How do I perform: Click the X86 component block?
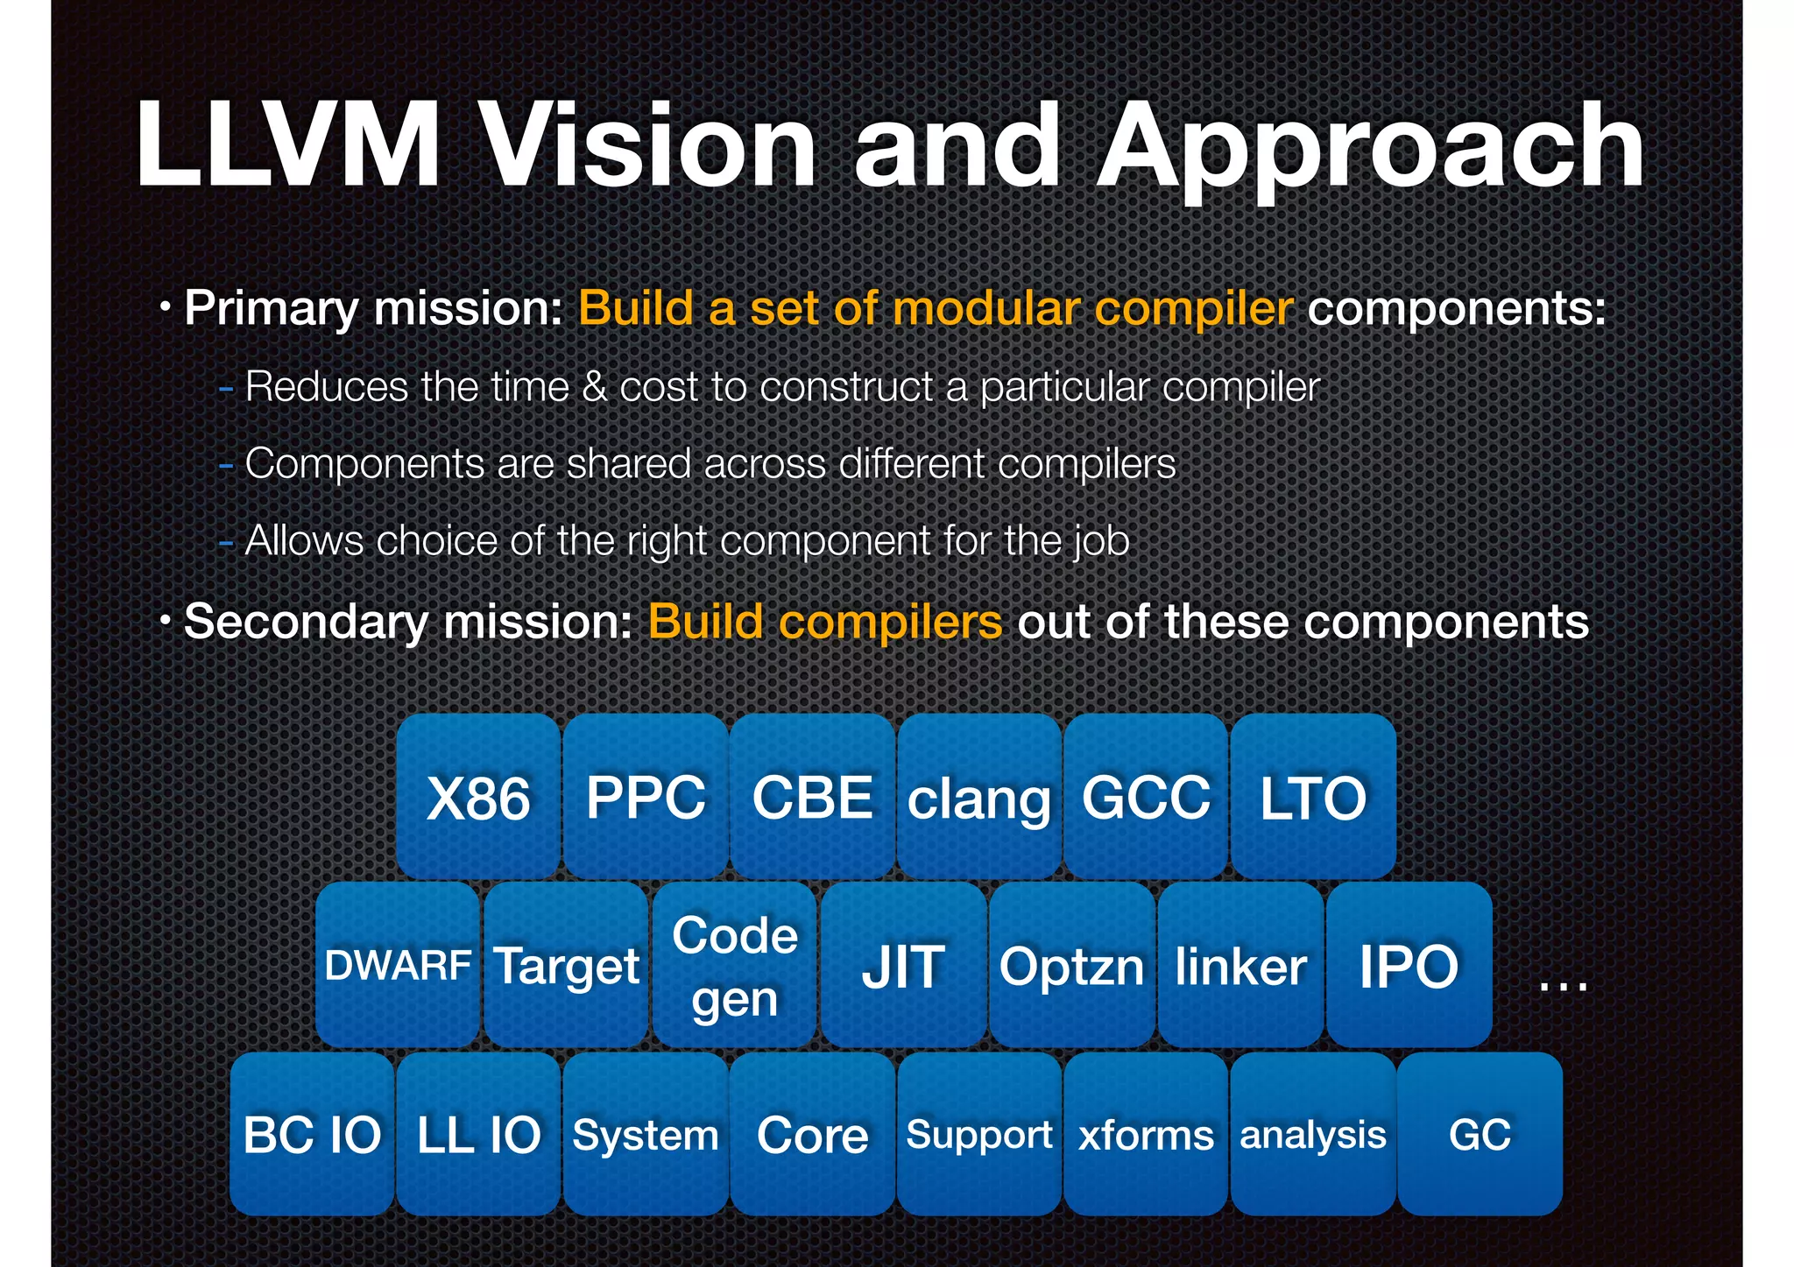point(478,797)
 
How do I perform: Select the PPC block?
point(646,797)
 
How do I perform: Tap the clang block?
point(978,797)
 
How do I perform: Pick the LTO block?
point(1312,797)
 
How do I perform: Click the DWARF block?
point(398,965)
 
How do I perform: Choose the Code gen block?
point(735,965)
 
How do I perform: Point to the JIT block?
point(903,965)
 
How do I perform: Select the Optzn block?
point(1071,965)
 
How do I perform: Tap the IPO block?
point(1409,965)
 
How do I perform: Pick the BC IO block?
point(312,1134)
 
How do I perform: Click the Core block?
point(812,1134)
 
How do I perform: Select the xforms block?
point(1146,1134)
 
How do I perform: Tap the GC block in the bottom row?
point(1480,1134)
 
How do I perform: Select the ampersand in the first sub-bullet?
point(594,387)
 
